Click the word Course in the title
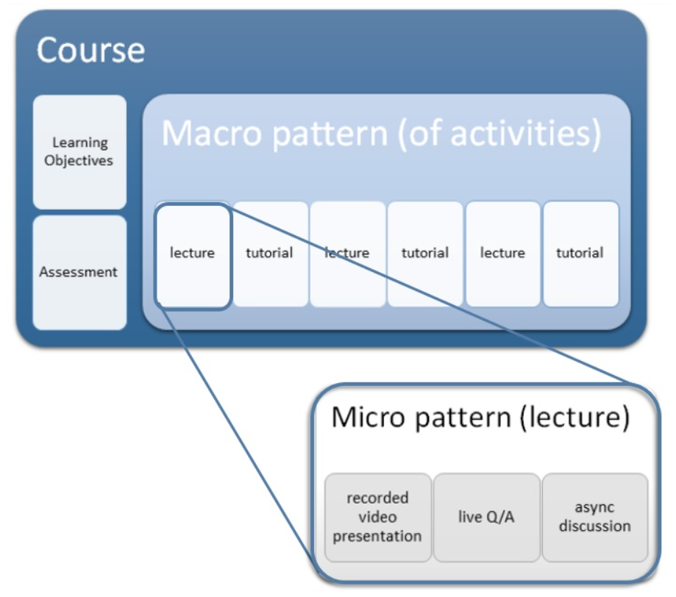[90, 51]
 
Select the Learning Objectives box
[79, 151]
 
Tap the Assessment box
[79, 272]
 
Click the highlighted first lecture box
[193, 254]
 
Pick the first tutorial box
[269, 254]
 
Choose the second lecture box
[347, 254]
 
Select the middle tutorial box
[424, 254]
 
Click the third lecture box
[502, 254]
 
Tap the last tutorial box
[580, 254]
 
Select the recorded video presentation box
[377, 517]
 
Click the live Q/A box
[485, 517]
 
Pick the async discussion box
[594, 517]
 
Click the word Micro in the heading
[369, 417]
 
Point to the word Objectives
[79, 161]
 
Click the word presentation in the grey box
[377, 536]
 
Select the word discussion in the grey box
[594, 526]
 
